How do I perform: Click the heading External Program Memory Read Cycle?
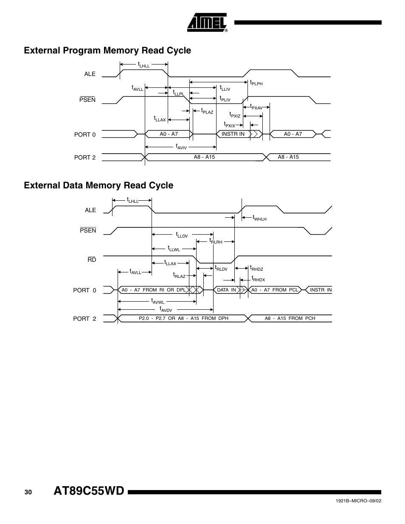(x=107, y=50)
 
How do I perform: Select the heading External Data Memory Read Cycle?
(x=98, y=185)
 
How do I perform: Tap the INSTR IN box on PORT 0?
(x=233, y=134)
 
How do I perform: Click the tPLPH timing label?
(x=256, y=83)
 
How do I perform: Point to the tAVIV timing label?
(x=181, y=147)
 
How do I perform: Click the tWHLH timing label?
(x=259, y=218)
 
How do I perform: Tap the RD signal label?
(x=92, y=260)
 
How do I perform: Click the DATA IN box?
(x=226, y=290)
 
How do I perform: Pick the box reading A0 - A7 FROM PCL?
(x=275, y=290)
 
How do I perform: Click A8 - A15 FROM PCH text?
(x=290, y=318)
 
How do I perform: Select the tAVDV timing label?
(x=165, y=309)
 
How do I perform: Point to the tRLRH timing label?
(x=215, y=241)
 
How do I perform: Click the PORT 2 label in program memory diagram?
(x=85, y=157)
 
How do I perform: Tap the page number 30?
(x=28, y=492)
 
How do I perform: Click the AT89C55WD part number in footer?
(x=89, y=491)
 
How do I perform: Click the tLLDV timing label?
(x=182, y=235)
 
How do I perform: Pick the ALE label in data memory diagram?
(x=90, y=210)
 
